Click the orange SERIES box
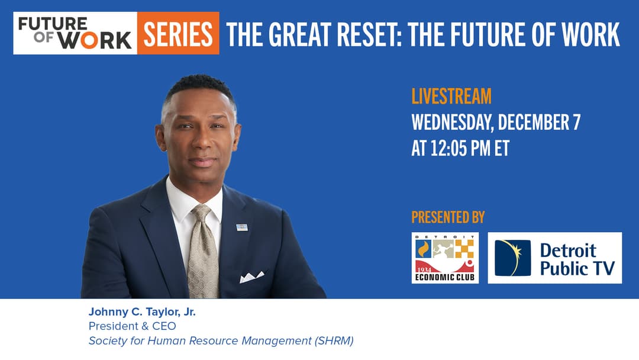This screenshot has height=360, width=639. point(178,33)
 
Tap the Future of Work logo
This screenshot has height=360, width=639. point(75,33)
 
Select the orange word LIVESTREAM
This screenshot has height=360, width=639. point(451,97)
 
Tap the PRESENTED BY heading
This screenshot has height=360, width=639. point(448,217)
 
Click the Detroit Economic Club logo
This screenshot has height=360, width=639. point(445,258)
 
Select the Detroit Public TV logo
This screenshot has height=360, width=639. point(554,258)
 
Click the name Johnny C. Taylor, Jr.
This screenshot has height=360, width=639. point(142,312)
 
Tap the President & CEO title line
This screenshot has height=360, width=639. point(133,326)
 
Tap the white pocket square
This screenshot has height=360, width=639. point(252,277)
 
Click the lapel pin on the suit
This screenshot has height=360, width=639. point(242,227)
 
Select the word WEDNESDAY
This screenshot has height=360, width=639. point(453,123)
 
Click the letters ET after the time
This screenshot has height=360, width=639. point(502,148)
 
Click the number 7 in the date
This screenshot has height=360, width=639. point(577,123)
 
